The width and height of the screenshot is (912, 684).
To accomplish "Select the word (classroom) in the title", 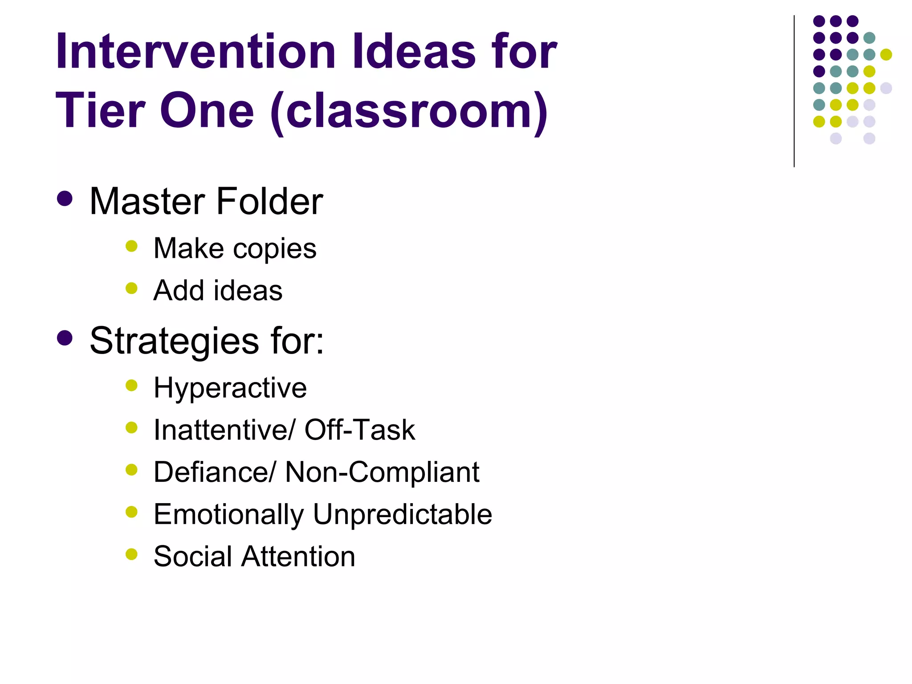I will pos(409,111).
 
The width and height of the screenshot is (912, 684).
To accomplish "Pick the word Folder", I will pos(270,201).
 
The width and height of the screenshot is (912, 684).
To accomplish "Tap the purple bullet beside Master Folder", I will pos(65,199).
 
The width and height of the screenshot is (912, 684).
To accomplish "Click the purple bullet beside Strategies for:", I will pos(65,338).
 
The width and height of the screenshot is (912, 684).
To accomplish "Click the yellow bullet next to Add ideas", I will pos(131,289).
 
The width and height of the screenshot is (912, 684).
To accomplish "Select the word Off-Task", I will pos(360,430).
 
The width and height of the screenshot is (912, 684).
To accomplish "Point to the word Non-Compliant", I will pos(382,472).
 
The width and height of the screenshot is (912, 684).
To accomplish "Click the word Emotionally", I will pos(228,515).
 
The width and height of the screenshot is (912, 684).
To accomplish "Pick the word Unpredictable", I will pos(403,514).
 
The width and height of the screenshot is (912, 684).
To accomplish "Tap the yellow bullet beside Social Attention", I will pos(131,554).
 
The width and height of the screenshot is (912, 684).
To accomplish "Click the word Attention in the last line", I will pos(298,556).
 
